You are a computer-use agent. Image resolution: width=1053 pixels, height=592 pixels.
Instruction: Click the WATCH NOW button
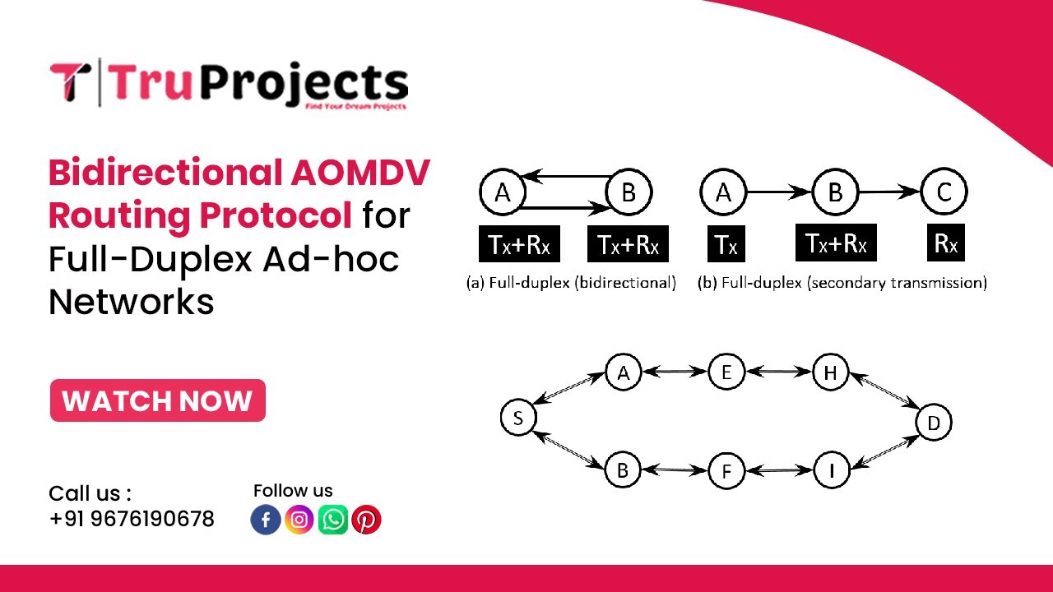[157, 400]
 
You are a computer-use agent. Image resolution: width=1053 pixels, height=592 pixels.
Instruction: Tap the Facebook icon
[266, 520]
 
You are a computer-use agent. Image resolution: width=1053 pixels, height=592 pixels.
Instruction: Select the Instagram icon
[299, 520]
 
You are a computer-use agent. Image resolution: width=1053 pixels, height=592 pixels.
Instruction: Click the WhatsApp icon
[333, 520]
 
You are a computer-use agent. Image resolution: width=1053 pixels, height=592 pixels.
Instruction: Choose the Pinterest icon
[366, 520]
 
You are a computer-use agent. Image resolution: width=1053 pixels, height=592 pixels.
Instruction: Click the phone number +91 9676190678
[132, 520]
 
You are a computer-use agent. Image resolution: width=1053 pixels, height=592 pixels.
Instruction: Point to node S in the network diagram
[518, 419]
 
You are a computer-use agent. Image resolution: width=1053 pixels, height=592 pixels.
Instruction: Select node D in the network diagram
[934, 423]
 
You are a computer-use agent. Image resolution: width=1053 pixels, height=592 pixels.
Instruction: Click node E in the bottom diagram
[726, 372]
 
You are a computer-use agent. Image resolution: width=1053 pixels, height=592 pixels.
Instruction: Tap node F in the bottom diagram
[726, 472]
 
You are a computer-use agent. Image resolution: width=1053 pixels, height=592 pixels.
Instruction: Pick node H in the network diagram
[830, 373]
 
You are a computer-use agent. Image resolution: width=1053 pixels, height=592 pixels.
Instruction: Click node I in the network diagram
[832, 471]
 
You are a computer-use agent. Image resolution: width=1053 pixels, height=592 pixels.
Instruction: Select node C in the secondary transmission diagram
[944, 192]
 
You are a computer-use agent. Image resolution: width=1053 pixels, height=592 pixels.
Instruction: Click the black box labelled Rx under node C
[944, 244]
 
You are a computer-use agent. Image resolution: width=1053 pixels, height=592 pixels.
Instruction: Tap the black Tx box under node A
[726, 244]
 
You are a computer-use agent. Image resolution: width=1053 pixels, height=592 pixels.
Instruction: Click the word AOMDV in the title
[360, 173]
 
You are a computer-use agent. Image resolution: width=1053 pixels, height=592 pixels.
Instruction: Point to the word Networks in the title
[132, 302]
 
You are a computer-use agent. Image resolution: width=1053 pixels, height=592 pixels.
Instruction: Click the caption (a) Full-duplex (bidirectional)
[571, 283]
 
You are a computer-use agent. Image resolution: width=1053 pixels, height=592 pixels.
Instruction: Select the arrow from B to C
[889, 192]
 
